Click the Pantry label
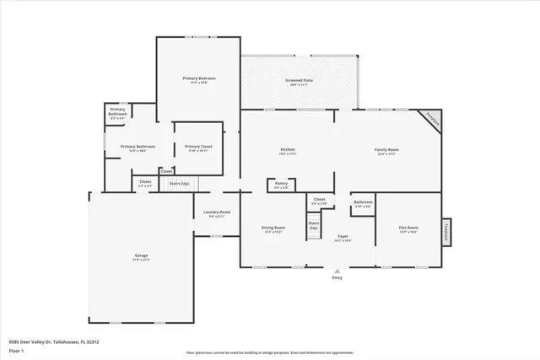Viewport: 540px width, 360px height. tap(280, 185)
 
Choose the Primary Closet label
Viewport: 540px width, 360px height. tap(198, 148)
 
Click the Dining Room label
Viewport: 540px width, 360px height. tap(273, 228)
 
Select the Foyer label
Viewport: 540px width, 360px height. tap(343, 238)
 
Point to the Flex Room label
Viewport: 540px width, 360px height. tap(408, 228)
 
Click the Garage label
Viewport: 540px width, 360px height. tap(141, 257)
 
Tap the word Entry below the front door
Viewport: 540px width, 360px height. tap(337, 277)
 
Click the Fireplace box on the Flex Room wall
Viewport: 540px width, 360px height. tap(445, 231)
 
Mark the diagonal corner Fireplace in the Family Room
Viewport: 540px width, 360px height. tap(432, 121)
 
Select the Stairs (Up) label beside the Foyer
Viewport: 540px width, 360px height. tap(313, 226)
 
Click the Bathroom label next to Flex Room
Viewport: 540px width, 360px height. tap(363, 203)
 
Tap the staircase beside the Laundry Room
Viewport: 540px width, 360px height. tap(179, 183)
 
